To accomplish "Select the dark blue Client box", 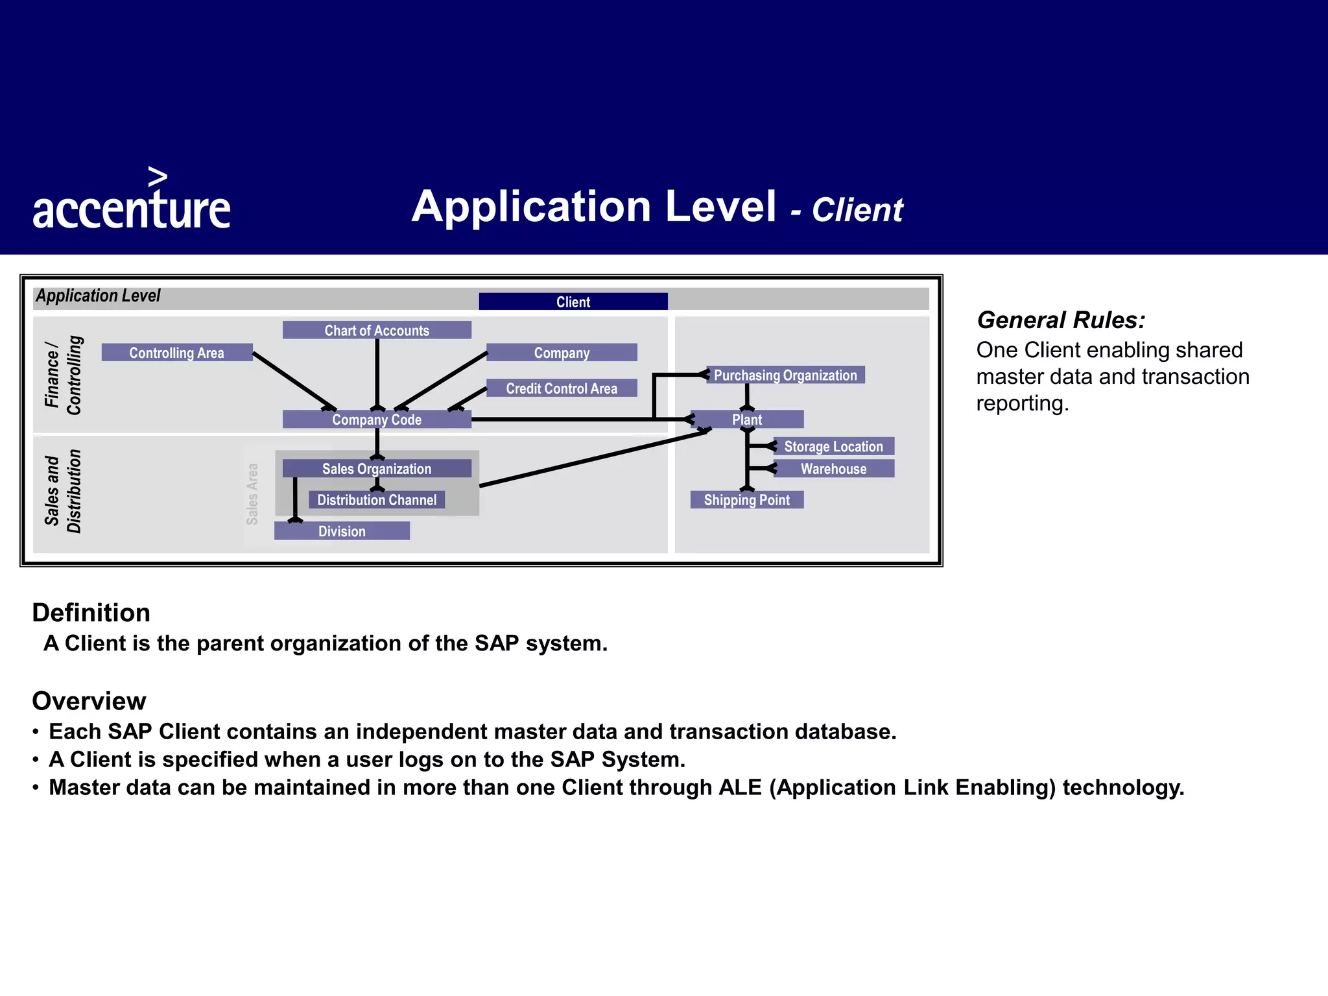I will point(573,302).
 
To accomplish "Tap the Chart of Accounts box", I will point(377,330).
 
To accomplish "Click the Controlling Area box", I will point(176,353).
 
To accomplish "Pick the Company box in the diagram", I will point(562,353).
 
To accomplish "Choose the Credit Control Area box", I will point(562,388).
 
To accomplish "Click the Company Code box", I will point(377,420).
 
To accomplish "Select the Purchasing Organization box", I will point(785,375).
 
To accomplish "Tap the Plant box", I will point(747,420).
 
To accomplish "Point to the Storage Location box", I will point(833,446).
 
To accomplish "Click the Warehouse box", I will point(833,469).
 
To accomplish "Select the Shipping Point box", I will point(747,500).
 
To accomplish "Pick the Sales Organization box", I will point(377,469).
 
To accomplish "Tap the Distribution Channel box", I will point(377,500).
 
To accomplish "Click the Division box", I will point(342,531).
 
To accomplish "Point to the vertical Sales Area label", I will point(252,494).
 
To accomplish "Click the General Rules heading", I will point(1061,320).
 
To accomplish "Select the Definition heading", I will point(91,613).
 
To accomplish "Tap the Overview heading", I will point(89,701).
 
